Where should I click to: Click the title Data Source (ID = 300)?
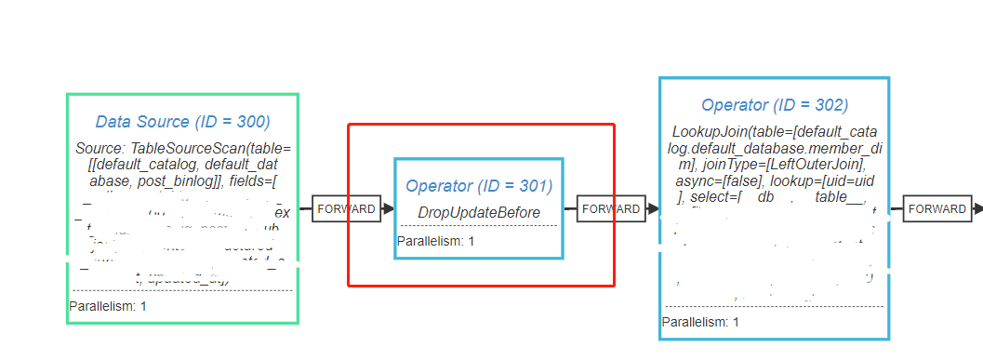coord(182,122)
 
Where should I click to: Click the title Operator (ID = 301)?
coord(479,186)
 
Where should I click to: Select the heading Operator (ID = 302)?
coord(775,105)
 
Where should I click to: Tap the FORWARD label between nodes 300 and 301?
coord(345,209)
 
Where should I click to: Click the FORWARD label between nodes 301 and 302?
coord(610,209)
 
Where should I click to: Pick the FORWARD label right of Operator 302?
coord(937,209)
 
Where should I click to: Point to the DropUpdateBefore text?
coord(479,213)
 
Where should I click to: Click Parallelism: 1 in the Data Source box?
coord(108,306)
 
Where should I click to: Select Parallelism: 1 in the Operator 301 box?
coord(435,242)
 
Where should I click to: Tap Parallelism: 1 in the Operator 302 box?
coord(700,322)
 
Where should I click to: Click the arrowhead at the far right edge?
coord(977,209)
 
